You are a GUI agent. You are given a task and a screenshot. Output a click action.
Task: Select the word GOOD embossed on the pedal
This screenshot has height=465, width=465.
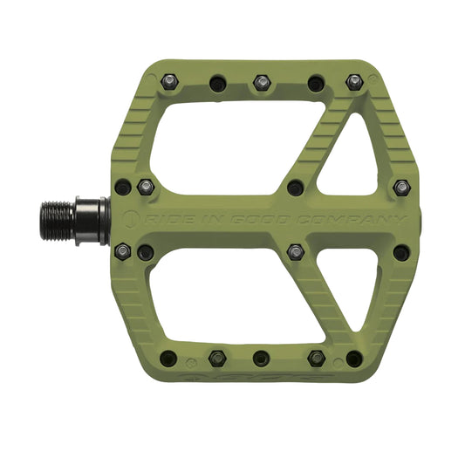[x=261, y=218]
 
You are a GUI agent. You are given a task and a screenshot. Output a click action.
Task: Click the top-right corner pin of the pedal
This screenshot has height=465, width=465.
[x=354, y=82]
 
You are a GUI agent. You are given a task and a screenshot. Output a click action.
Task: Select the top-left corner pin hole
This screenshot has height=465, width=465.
[x=169, y=82]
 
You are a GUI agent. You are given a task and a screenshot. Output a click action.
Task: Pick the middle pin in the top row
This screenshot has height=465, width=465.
[x=261, y=83]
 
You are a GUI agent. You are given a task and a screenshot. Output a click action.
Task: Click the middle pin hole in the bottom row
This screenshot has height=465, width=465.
[x=261, y=358]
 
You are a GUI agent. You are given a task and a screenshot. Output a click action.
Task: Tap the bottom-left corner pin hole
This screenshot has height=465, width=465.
[x=169, y=358]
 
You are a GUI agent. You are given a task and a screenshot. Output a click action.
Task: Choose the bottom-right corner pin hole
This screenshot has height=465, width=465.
[x=354, y=358]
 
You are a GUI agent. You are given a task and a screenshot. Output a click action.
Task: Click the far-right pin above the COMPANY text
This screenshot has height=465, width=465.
[x=401, y=187]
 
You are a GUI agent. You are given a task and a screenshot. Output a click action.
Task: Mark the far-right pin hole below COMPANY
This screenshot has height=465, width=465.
[x=401, y=253]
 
